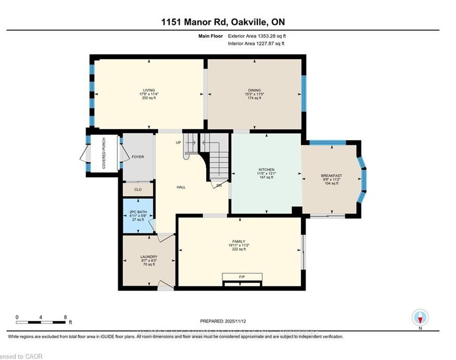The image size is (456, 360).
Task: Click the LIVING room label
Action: [149, 90]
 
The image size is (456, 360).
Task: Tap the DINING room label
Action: [254, 90]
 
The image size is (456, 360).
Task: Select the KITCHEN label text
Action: [266, 170]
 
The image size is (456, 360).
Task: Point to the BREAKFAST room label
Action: [331, 175]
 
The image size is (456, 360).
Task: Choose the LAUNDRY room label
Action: [149, 256]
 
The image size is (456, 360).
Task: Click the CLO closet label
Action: [138, 190]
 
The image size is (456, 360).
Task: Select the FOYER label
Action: [137, 157]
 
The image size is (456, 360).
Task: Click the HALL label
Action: [181, 187]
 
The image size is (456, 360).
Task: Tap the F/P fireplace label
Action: [242, 277]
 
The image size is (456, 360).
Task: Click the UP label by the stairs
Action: [178, 142]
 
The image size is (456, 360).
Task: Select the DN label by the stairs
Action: [219, 186]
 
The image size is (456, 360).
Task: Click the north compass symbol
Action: [420, 318]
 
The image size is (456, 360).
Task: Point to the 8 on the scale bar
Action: [65, 317]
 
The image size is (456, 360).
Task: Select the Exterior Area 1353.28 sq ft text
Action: [256, 36]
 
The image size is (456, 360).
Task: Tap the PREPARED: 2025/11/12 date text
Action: [223, 321]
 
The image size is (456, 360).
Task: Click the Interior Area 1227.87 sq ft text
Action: [256, 44]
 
